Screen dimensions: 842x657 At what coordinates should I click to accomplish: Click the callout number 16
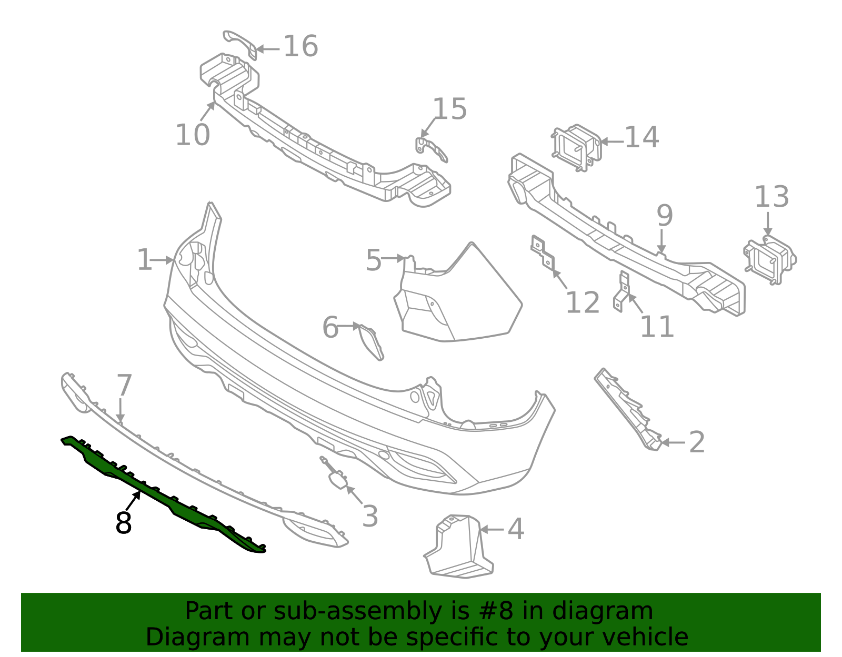tap(300, 46)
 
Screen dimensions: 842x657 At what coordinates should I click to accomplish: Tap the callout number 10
tap(193, 135)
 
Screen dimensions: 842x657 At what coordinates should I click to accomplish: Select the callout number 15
tap(449, 109)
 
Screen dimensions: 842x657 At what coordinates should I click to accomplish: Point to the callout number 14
tap(641, 137)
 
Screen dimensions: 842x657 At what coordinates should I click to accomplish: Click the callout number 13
tap(771, 197)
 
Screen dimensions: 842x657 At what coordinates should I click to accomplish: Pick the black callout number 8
tap(124, 523)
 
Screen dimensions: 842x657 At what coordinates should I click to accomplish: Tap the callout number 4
tap(516, 529)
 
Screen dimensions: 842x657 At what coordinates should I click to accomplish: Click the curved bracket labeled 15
tap(432, 148)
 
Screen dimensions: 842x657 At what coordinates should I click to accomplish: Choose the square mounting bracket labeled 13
tap(769, 260)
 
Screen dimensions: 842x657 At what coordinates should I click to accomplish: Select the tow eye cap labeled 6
tap(370, 342)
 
